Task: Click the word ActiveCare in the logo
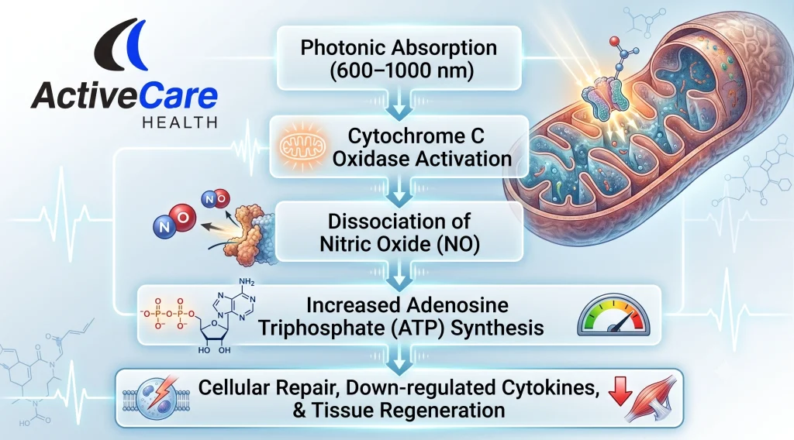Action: (124, 95)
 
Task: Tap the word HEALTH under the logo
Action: (180, 122)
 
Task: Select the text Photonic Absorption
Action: (399, 47)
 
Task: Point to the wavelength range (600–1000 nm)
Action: (402, 70)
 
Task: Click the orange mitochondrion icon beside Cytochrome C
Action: (302, 146)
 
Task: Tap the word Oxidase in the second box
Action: (376, 159)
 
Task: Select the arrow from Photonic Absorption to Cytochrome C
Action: (399, 104)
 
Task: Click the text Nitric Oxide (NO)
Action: (399, 244)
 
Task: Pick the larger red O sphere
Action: (183, 218)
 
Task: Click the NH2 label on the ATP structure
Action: (247, 282)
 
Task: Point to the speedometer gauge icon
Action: (613, 315)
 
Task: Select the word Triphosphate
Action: (322, 328)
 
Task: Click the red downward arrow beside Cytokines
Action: (620, 391)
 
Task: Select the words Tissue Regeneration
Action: (408, 410)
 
